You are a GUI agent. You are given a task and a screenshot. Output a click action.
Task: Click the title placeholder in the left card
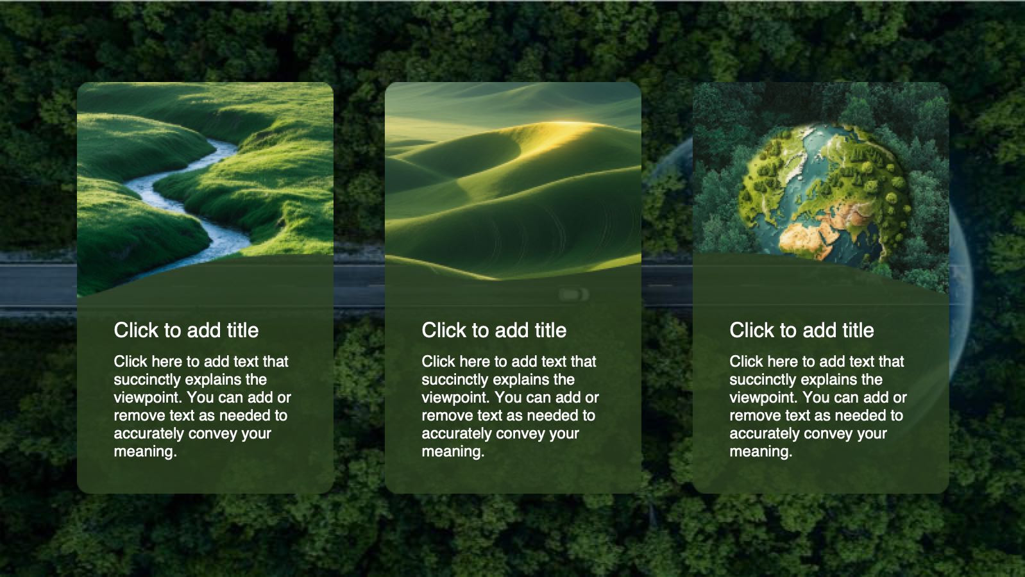coord(186,330)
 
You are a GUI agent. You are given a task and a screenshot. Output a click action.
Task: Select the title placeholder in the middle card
coord(494,330)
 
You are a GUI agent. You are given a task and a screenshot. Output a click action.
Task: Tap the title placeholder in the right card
coord(802,330)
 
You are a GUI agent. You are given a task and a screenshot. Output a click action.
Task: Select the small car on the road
coord(573,294)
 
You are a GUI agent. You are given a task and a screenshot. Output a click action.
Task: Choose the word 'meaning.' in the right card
coord(761,451)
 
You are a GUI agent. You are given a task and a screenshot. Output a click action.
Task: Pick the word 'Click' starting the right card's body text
coord(746,362)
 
